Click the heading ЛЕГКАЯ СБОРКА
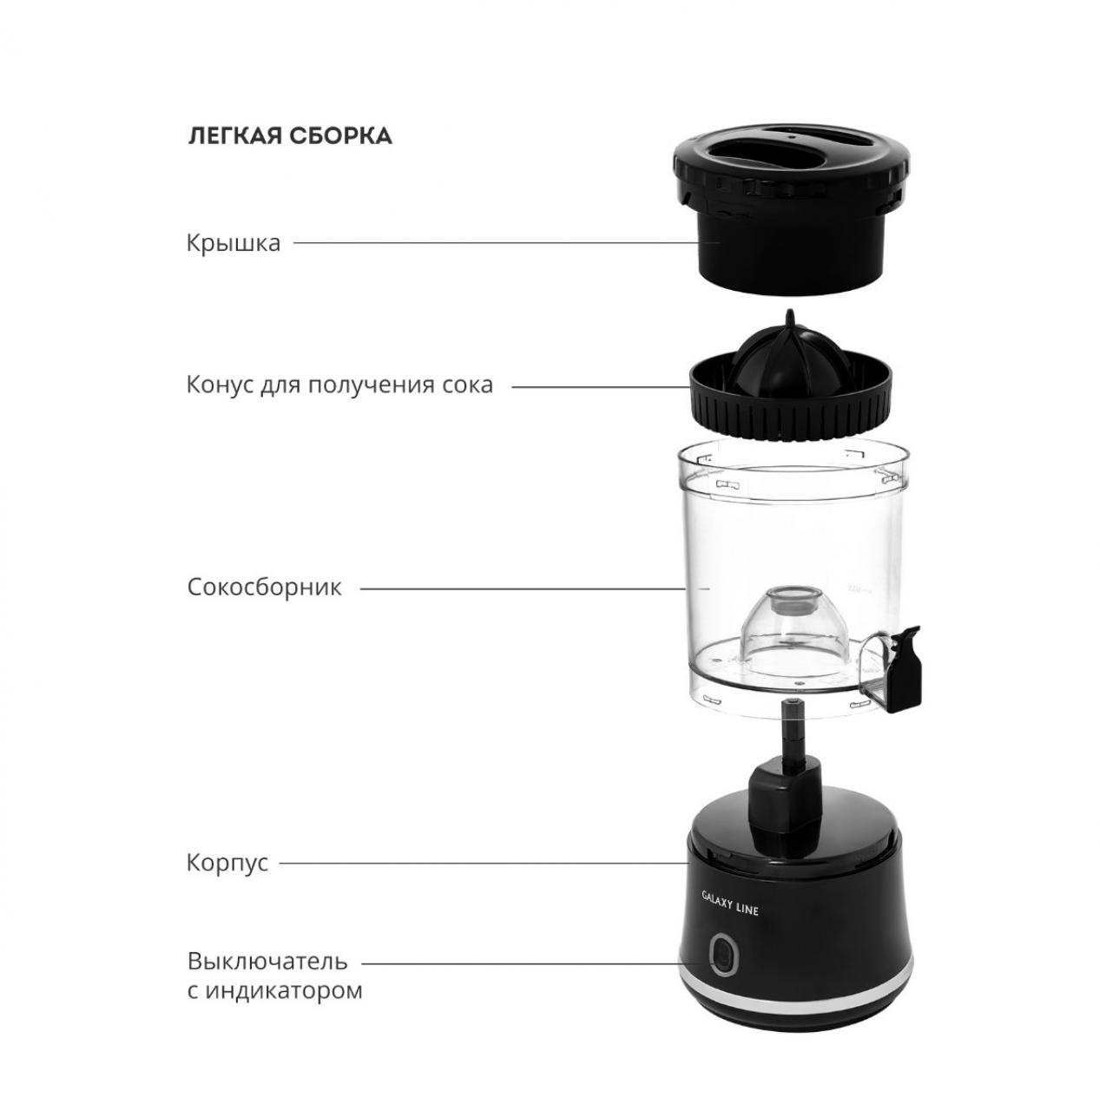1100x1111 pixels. point(290,136)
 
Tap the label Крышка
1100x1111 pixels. point(234,243)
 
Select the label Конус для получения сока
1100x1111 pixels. point(339,385)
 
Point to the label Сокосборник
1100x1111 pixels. point(264,588)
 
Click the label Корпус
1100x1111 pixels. point(227,863)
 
